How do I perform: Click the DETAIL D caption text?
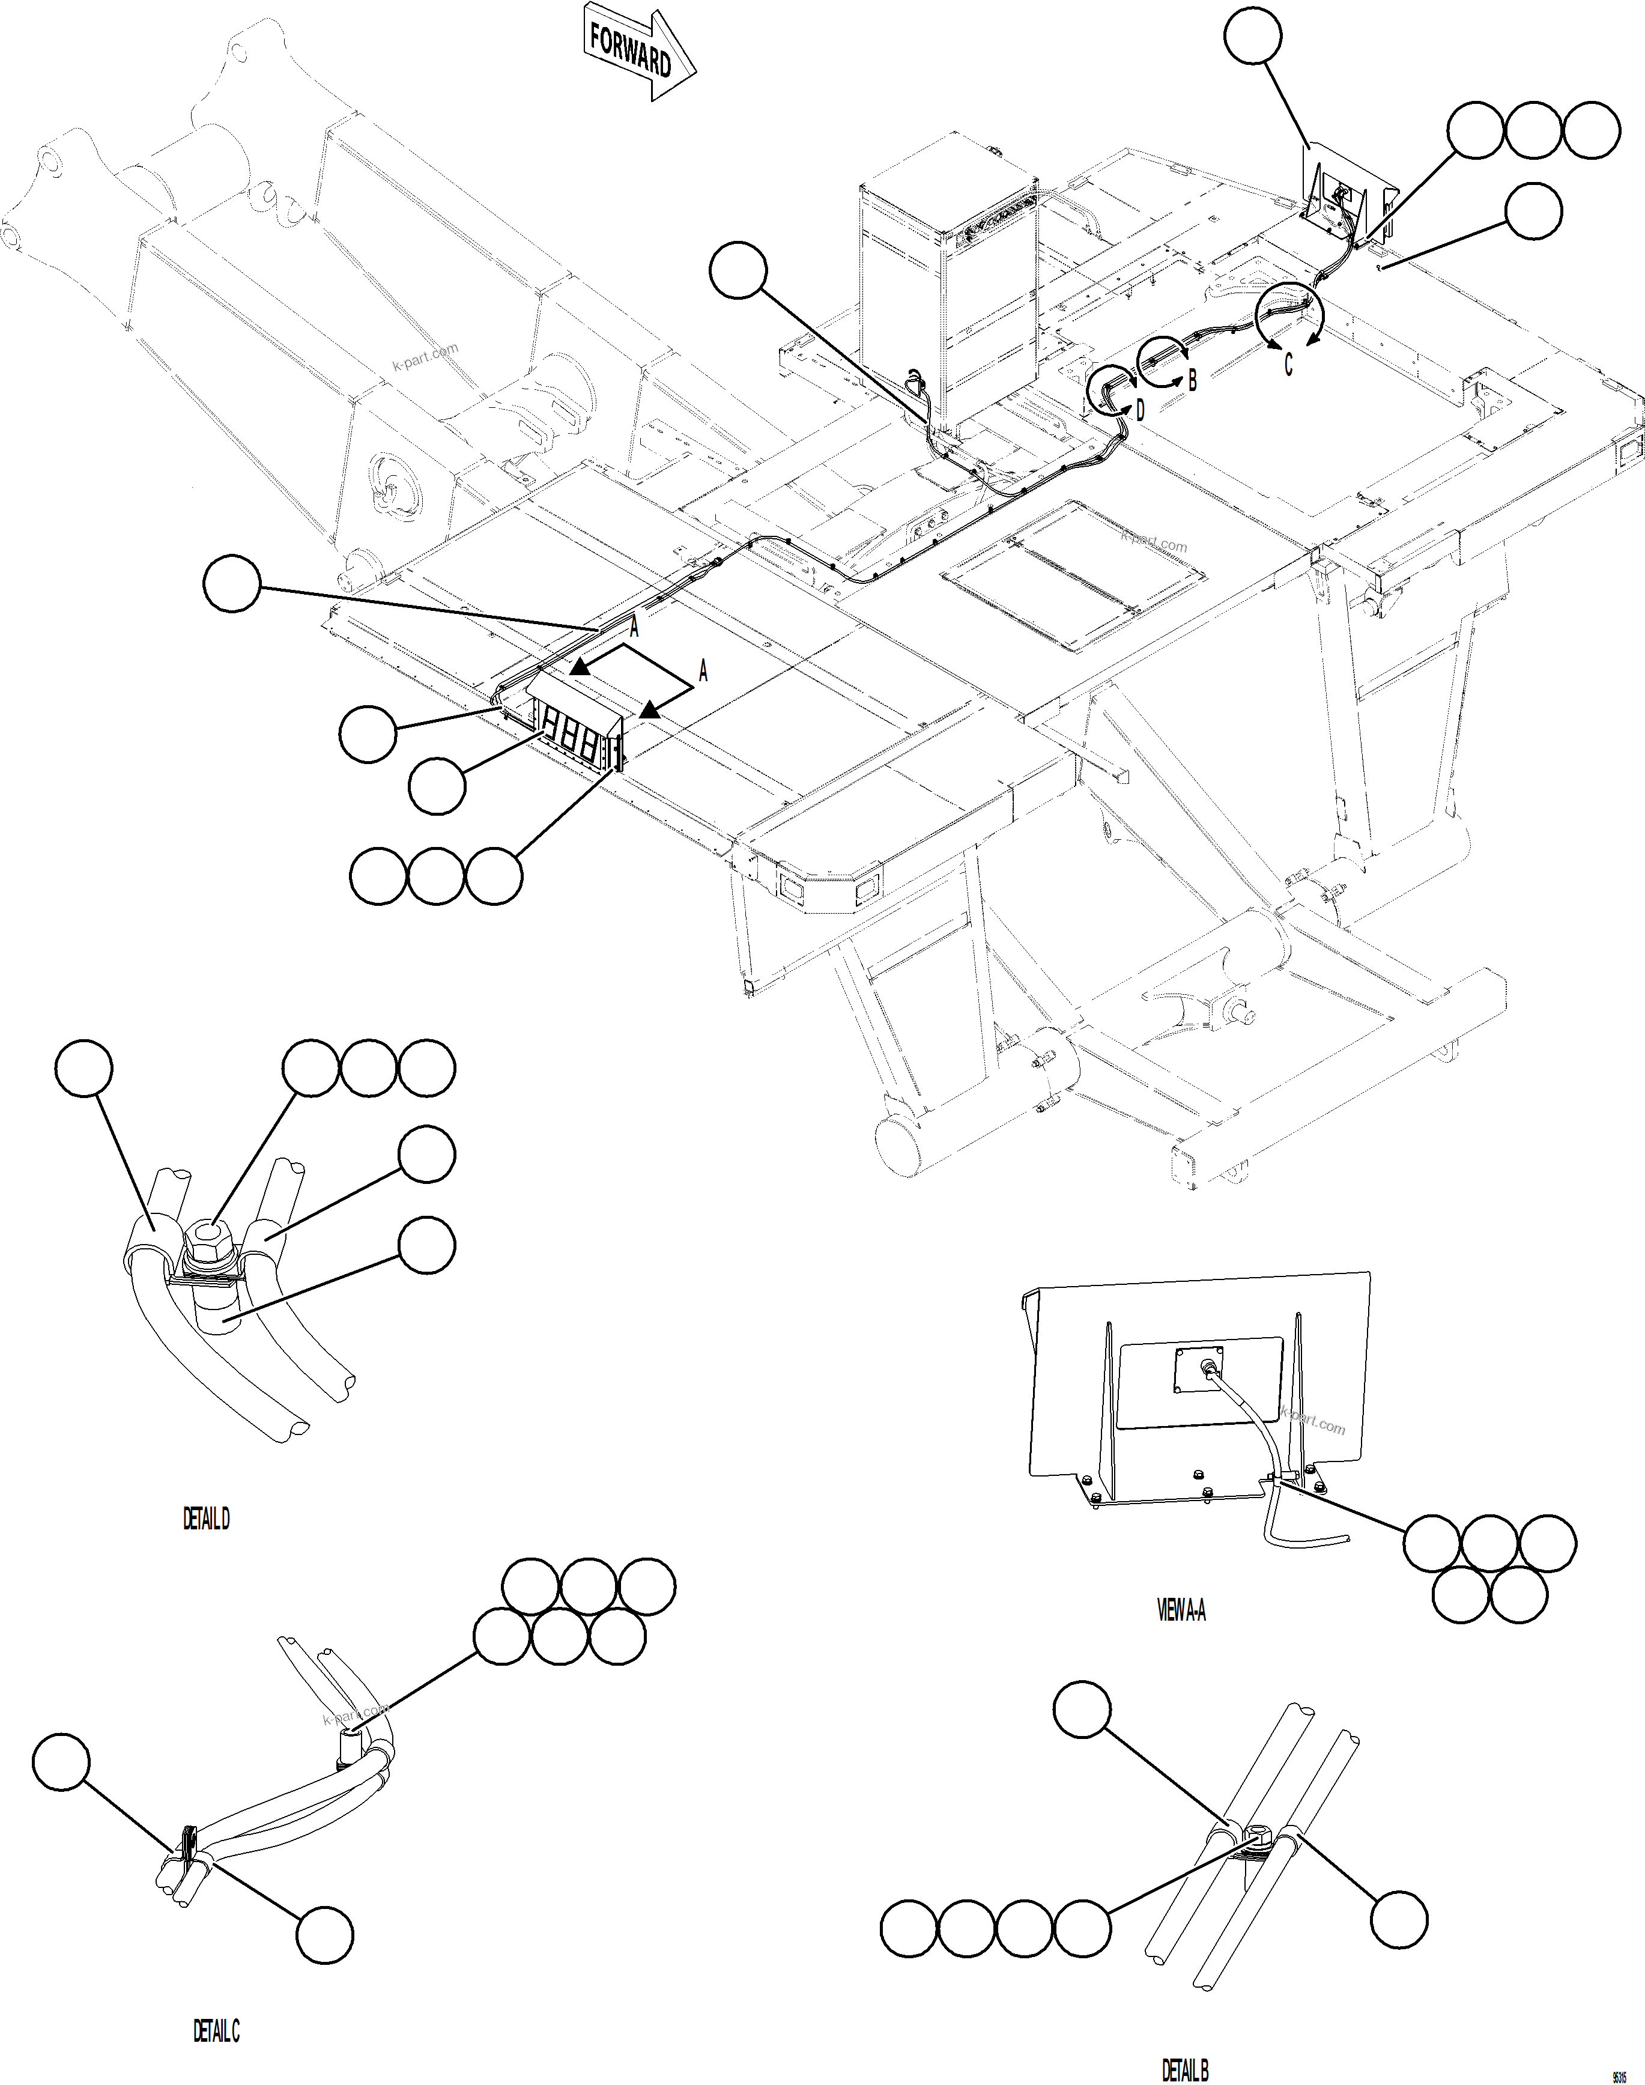206,1519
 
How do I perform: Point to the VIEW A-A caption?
1181,1609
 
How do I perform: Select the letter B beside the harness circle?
1192,380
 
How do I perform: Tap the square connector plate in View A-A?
1197,1368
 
